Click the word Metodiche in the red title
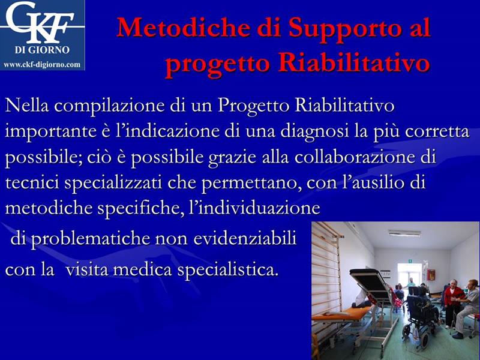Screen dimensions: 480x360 (x=183, y=28)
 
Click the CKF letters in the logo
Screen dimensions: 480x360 (x=40, y=22)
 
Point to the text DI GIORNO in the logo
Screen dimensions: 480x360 (x=42, y=50)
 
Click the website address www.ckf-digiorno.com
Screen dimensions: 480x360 (x=42, y=65)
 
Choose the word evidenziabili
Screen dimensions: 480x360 (x=245, y=238)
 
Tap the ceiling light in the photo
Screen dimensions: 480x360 (x=404, y=233)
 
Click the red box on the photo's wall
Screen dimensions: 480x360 (x=431, y=275)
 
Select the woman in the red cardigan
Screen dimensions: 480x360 (x=453, y=302)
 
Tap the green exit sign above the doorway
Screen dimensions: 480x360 (x=412, y=260)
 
